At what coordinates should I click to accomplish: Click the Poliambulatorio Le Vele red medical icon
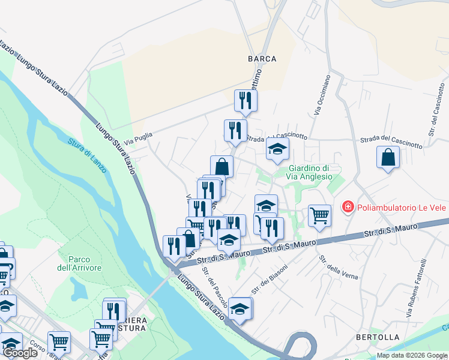(348, 208)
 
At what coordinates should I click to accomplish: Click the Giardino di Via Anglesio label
(310, 172)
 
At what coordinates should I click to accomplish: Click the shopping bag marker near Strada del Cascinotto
(388, 158)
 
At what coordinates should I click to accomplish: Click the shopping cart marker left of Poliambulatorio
(320, 215)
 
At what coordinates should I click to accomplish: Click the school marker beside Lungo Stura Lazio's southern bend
(240, 308)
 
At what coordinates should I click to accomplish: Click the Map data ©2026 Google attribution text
(412, 355)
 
